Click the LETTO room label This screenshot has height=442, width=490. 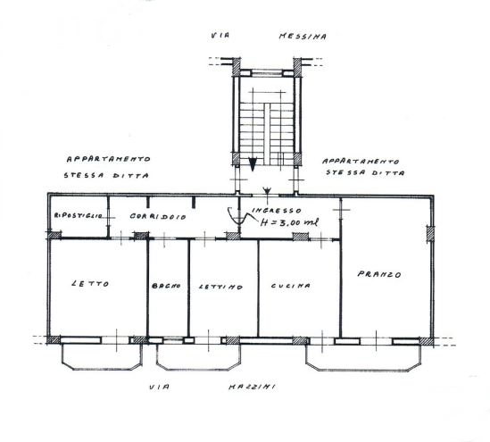(90, 284)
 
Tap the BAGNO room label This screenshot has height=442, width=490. (166, 286)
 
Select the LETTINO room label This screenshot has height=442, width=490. (220, 287)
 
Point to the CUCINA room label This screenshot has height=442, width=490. (291, 286)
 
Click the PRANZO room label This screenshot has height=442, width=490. (379, 274)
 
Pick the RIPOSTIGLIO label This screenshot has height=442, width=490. (78, 215)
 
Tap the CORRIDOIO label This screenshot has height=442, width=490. (158, 216)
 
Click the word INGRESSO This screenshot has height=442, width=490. (277, 210)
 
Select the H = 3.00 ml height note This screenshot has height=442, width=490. (289, 222)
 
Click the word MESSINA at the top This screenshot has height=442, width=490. (303, 37)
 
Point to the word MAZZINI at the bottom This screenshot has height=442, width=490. (252, 387)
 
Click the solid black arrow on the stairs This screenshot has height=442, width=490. (253, 164)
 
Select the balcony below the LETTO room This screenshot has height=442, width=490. (102, 357)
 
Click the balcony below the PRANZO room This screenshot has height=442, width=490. (363, 358)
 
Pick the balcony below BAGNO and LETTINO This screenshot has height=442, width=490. (199, 357)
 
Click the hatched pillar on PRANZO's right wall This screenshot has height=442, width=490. (430, 234)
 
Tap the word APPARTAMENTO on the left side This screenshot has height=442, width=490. (108, 159)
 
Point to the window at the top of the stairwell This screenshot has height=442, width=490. (267, 73)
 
